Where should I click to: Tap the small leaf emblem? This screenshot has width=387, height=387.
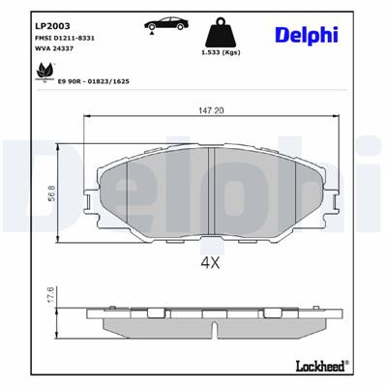(x=45, y=71)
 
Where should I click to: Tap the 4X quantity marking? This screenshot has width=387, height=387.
(x=211, y=261)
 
